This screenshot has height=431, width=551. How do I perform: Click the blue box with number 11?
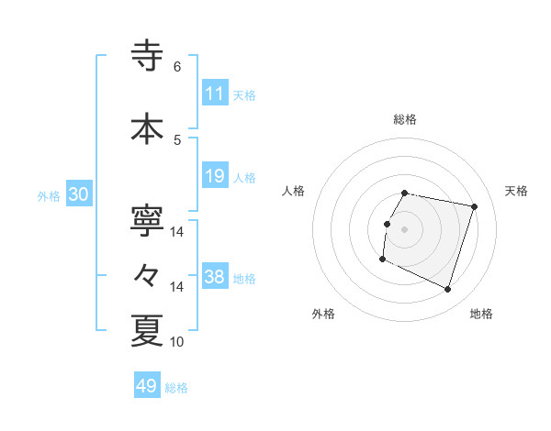coord(215,94)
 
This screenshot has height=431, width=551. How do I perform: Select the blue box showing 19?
coord(215,176)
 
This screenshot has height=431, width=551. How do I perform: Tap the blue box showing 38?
coord(215,277)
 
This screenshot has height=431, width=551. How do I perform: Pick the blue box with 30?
coord(78,194)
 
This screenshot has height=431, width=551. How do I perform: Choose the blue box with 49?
coord(147,386)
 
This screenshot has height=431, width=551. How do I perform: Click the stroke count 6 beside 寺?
coord(177,66)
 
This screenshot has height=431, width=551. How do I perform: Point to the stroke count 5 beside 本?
coord(177,139)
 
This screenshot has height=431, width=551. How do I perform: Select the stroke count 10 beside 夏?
coord(177,341)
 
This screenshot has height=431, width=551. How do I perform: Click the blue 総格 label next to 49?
coord(176,388)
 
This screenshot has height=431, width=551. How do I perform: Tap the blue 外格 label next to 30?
coord(49,195)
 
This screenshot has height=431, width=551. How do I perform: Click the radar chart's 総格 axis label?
coord(405,119)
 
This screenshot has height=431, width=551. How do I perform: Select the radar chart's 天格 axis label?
coord(516,191)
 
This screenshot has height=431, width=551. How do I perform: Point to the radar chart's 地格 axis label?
coord(481,314)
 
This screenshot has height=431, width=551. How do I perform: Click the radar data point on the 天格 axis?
coord(475,207)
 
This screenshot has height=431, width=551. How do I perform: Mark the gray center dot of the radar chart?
coord(404,229)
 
